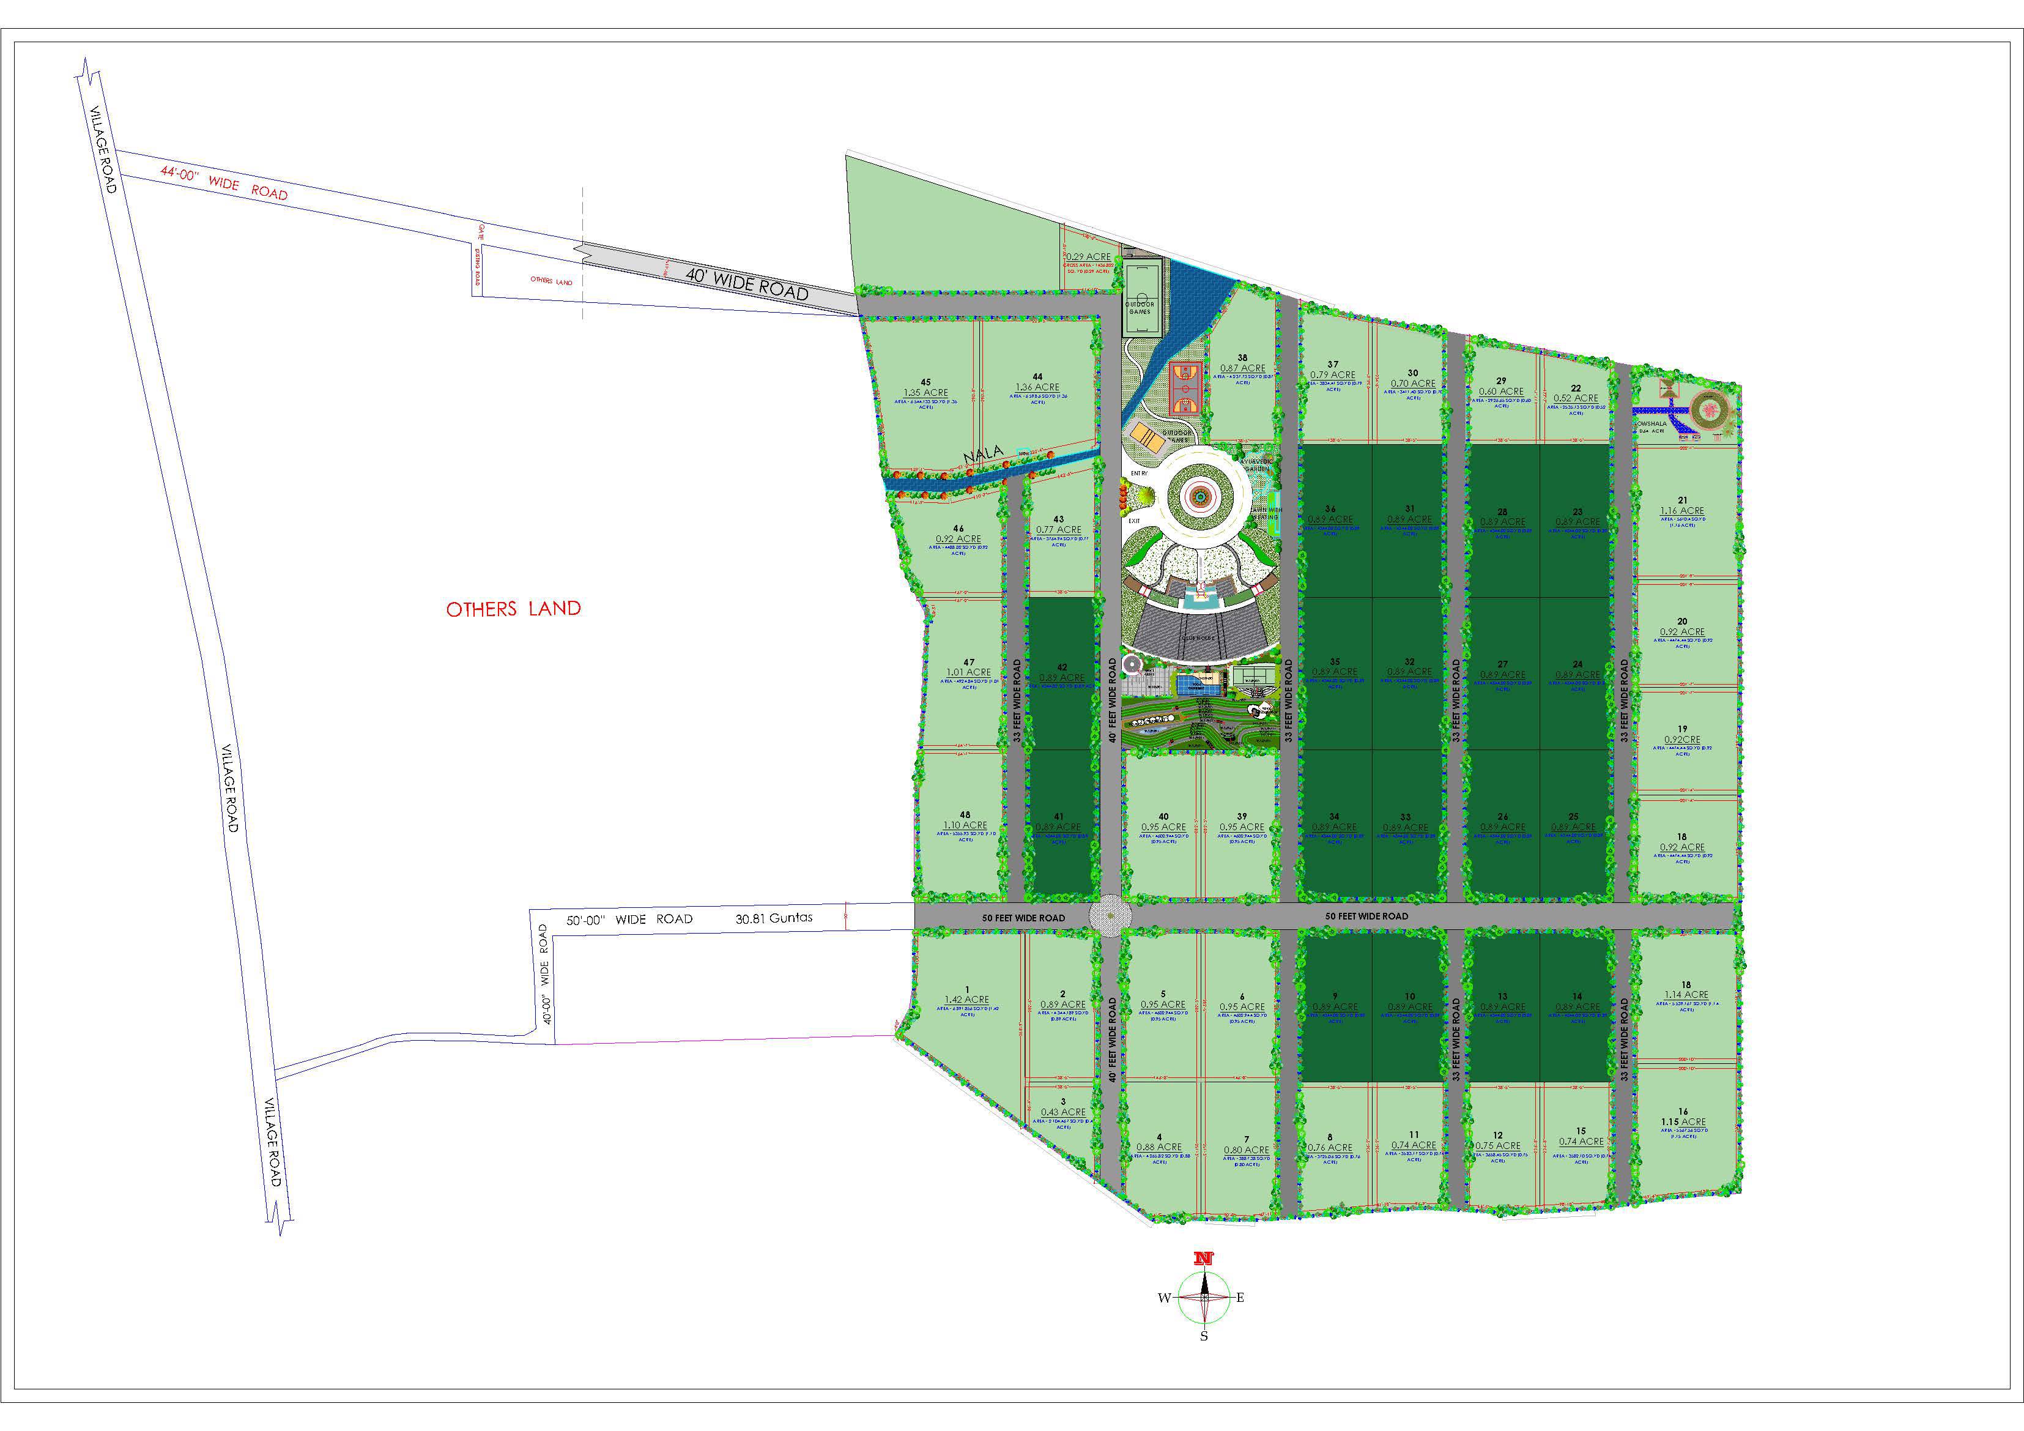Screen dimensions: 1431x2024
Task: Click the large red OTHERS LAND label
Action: coord(513,608)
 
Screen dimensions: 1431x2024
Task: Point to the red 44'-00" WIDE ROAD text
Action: coord(224,184)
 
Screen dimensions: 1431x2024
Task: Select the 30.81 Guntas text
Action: coord(774,918)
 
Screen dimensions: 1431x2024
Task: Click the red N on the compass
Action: coord(1203,1259)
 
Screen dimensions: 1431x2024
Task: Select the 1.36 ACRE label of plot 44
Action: coord(1037,387)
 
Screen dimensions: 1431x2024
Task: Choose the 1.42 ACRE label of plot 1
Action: coord(967,1000)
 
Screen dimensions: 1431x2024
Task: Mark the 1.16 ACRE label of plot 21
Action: coord(1682,510)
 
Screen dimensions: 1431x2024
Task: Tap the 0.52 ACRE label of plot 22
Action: coord(1575,398)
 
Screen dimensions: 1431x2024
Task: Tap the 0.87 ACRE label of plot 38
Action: coord(1242,368)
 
